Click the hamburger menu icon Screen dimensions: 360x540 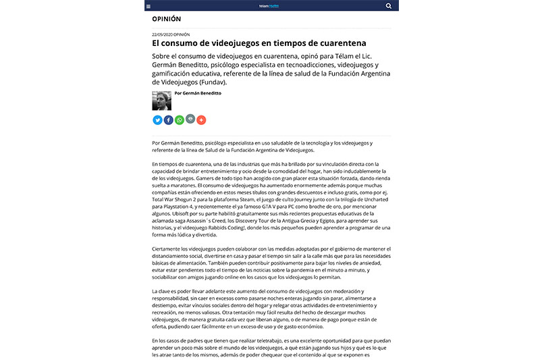[148, 5]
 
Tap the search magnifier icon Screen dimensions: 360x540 [389, 5]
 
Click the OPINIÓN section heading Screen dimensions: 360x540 [166, 20]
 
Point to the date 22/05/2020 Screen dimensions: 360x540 [163, 34]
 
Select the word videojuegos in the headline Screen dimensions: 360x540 [235, 43]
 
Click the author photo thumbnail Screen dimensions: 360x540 [162, 101]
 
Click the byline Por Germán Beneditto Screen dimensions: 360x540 [197, 93]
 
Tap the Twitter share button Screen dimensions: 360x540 [157, 120]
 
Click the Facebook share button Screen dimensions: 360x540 [168, 120]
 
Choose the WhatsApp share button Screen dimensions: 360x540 [179, 120]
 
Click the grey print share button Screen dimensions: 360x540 [190, 120]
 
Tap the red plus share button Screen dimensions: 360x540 [201, 120]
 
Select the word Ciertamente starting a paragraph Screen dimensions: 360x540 [168, 251]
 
